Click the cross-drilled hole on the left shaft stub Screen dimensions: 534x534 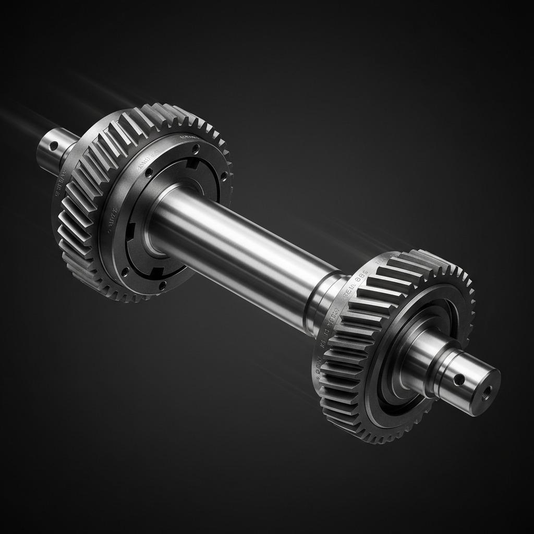(x=53, y=146)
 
